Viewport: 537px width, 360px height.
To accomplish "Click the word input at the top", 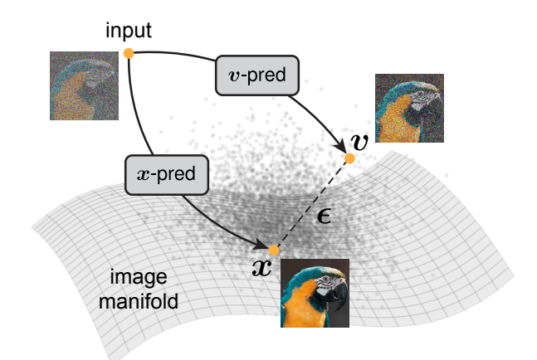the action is pos(129,32).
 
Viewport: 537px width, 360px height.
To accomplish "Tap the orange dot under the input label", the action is pos(129,53).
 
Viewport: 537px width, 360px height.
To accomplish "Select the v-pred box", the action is pos(257,75).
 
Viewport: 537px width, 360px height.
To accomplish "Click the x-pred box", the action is pos(167,175).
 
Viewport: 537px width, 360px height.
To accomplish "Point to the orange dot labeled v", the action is pos(349,158).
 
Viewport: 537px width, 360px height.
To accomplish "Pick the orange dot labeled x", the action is pos(274,251).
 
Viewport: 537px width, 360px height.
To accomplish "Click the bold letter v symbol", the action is pos(359,142).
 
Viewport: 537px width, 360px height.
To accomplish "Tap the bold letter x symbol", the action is pos(262,268).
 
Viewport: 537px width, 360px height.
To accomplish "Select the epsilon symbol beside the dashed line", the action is pos(324,216).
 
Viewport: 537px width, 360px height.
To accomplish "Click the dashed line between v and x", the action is pos(312,204).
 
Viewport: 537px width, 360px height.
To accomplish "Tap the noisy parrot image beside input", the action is pos(85,86).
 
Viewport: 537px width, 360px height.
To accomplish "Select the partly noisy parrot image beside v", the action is pos(410,108).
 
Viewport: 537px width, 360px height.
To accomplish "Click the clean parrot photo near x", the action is pos(315,293).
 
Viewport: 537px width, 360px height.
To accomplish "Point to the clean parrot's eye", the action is pos(325,279).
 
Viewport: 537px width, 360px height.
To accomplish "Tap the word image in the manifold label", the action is pos(139,277).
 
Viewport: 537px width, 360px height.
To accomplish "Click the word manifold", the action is pos(139,301).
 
